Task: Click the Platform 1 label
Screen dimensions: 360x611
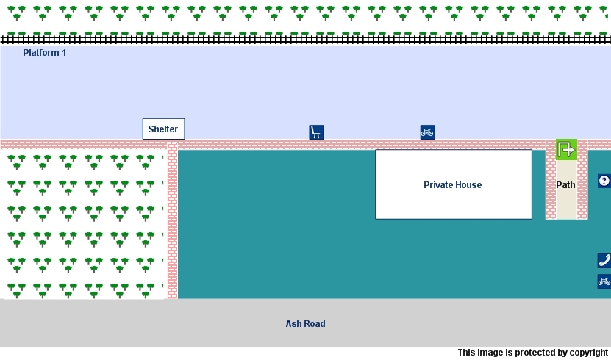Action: pos(44,53)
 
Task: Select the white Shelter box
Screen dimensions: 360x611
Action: pos(163,129)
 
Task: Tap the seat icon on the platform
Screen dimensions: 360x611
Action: pos(316,132)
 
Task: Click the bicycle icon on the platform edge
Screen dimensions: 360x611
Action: pos(427,132)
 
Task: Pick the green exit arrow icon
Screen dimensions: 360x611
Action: pos(566,150)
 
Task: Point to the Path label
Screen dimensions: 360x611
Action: pos(565,185)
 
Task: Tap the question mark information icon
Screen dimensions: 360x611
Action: pos(604,181)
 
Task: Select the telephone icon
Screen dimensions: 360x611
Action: pos(604,260)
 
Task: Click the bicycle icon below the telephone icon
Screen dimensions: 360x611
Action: pos(604,281)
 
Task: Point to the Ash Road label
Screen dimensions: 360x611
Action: pos(305,324)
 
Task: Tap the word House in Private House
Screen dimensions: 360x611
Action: pos(468,185)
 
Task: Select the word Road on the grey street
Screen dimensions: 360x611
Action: pos(315,324)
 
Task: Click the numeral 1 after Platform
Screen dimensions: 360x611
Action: pos(64,53)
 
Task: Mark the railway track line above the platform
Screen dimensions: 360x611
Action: pos(305,39)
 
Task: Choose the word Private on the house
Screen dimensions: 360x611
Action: pos(438,185)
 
